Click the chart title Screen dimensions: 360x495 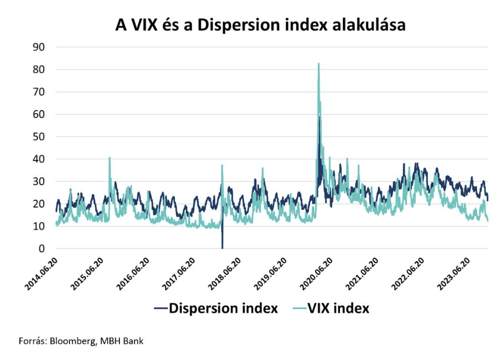[x=260, y=25]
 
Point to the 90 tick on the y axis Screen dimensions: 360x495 [x=37, y=47]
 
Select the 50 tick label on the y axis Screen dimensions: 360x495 [x=37, y=137]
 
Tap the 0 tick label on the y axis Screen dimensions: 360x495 [x=41, y=248]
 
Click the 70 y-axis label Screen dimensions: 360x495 [x=37, y=92]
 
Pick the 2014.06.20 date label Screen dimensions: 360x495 [x=42, y=273]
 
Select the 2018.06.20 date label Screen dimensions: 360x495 [x=225, y=273]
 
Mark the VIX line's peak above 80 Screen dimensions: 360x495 [x=319, y=64]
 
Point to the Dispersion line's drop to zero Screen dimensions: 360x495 [x=222, y=247]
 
